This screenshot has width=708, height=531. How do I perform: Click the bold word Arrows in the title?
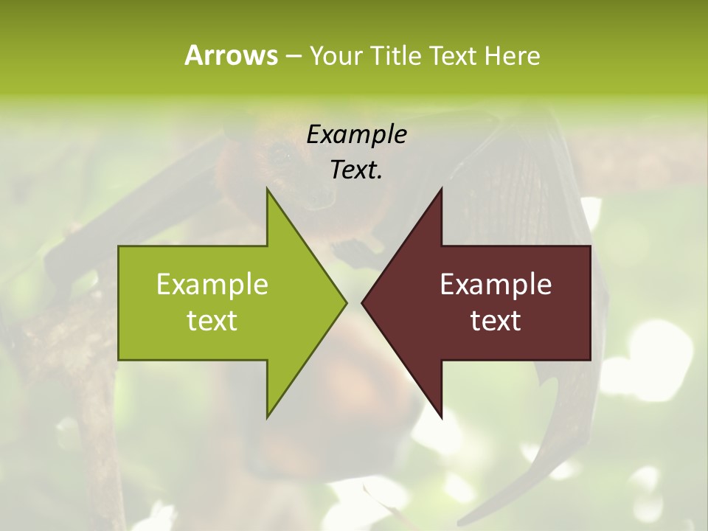[231, 55]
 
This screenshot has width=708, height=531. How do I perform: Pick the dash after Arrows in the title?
[293, 56]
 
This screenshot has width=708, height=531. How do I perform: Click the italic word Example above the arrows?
[356, 134]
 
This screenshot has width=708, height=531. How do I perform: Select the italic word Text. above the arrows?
[356, 170]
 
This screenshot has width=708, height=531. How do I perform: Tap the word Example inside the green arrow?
[212, 284]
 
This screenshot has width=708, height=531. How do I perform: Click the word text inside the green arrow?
[212, 321]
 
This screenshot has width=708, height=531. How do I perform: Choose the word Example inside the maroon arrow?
[496, 284]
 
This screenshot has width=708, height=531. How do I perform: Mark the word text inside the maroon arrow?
[496, 321]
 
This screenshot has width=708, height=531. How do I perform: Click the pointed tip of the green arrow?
[346, 302]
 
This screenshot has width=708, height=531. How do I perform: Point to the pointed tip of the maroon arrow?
[362, 302]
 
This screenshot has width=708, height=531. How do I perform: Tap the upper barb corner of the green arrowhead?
[267, 189]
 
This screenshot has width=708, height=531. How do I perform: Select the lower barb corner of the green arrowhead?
[267, 417]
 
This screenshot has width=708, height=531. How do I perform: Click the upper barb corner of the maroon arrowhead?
[441, 189]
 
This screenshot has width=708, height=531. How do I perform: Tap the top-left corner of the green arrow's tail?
[119, 246]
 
